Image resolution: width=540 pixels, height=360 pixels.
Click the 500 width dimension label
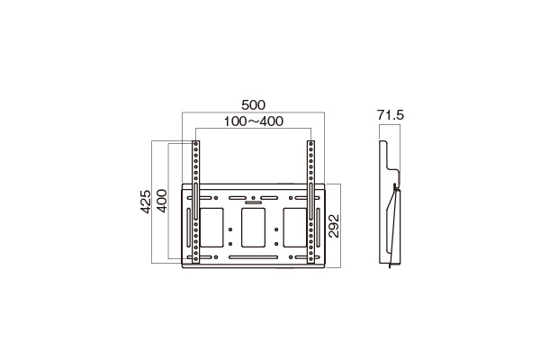tap(253, 104)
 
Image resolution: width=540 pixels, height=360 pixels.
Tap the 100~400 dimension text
tap(254, 121)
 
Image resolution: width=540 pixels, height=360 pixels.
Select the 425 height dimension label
tap(146, 202)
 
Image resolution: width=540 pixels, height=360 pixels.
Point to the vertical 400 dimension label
tap(162, 201)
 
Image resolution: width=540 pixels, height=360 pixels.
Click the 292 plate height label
tap(334, 226)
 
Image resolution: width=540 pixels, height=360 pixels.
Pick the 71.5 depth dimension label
tap(391, 115)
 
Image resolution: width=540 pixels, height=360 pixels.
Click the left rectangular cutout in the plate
tap(211, 228)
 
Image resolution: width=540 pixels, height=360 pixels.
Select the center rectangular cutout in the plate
tap(253, 228)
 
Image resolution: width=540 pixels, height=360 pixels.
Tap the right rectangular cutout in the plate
tap(295, 228)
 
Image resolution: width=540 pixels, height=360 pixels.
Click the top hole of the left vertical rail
tap(195, 142)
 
